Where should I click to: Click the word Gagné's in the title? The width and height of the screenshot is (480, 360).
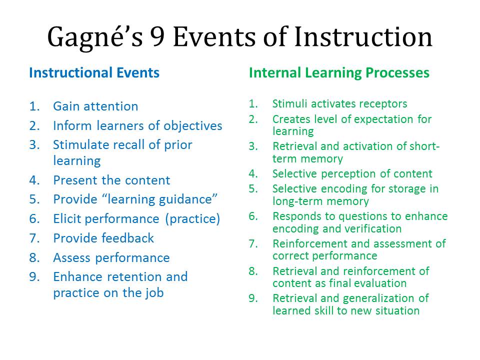95,37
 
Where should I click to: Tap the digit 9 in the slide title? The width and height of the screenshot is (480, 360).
157,36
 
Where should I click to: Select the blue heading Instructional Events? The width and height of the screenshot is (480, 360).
94,73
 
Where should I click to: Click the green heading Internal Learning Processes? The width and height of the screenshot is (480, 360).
339,73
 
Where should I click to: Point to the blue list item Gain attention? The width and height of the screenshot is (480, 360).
95,106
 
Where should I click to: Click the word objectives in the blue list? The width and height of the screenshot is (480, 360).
193,126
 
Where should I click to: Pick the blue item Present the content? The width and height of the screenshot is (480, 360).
111,180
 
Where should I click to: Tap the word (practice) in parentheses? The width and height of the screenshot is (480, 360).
193,219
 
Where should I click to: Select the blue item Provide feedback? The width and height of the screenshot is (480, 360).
103,238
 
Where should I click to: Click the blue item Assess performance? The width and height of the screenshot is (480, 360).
111,258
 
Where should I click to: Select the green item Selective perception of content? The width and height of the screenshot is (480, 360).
352,174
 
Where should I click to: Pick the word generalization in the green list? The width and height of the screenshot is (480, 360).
380,298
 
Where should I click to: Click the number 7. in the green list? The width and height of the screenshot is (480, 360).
253,244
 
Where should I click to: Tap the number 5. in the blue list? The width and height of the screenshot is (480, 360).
34,199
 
